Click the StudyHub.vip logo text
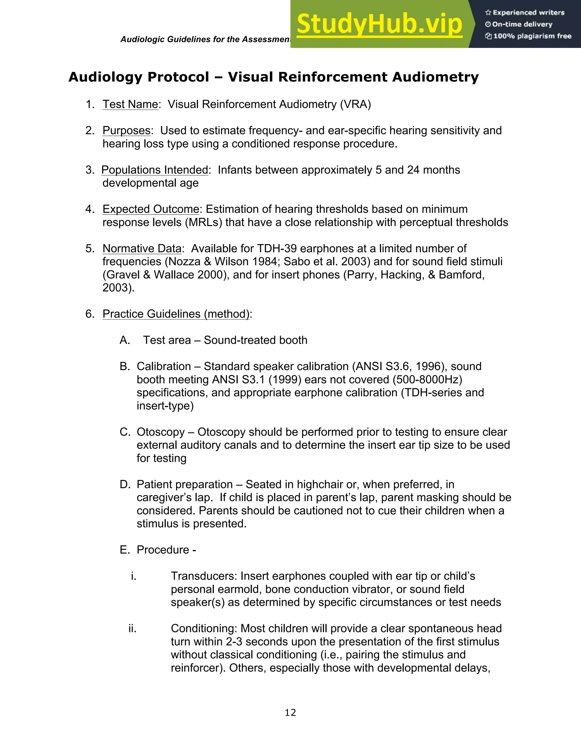click(379, 24)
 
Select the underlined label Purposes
click(126, 131)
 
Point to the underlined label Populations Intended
click(155, 170)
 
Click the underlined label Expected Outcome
click(151, 209)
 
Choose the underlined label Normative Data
click(142, 248)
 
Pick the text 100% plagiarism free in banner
click(532, 36)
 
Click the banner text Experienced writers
click(528, 13)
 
